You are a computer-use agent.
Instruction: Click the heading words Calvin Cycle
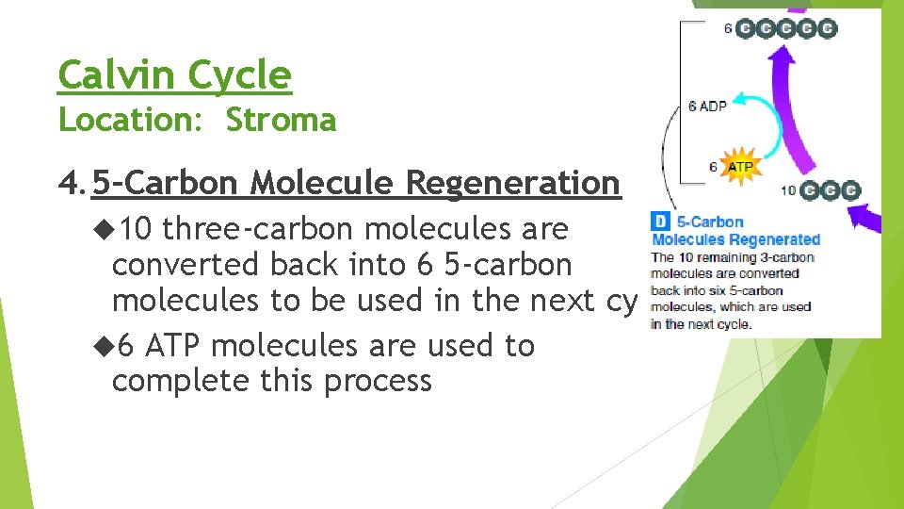click(x=174, y=74)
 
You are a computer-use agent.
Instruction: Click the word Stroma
click(x=281, y=121)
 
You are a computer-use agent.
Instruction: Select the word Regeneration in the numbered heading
click(x=513, y=183)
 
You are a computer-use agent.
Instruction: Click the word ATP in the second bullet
click(x=175, y=346)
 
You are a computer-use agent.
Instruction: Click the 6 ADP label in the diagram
click(x=707, y=106)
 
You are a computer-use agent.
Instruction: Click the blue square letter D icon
click(x=661, y=222)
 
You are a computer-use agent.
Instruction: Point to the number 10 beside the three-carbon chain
click(x=789, y=190)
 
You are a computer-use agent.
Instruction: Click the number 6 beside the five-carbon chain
click(x=728, y=28)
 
